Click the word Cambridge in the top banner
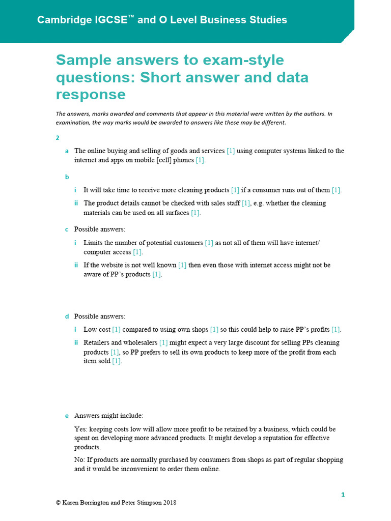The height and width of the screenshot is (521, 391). click(x=63, y=20)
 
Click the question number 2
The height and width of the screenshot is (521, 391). click(x=58, y=137)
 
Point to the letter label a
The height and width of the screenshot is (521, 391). click(x=67, y=151)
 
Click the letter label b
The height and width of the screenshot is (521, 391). click(x=67, y=177)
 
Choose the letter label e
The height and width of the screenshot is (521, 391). click(x=67, y=416)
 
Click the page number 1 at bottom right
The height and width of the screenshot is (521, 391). click(x=343, y=495)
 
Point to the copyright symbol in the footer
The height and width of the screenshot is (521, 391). click(x=58, y=503)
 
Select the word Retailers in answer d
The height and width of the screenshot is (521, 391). click(x=97, y=343)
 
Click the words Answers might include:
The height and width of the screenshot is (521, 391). click(x=108, y=416)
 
